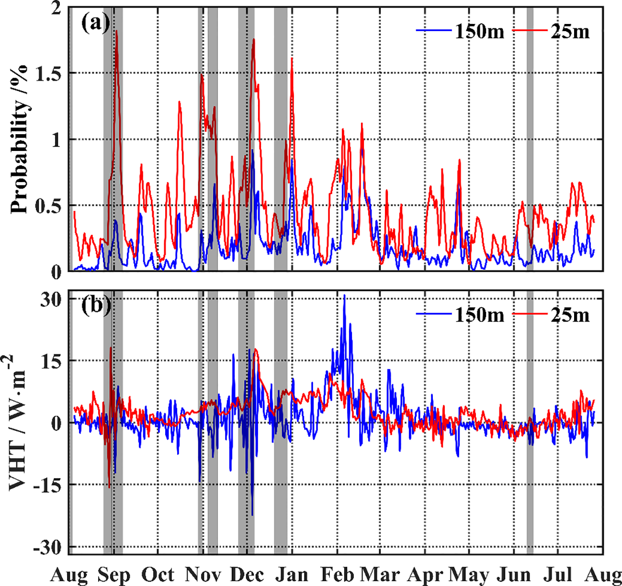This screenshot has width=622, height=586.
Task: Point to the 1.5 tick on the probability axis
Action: coord(49,73)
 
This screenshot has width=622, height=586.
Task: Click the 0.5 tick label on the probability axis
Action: coord(49,206)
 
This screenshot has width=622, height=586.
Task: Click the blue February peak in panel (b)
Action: coord(344,296)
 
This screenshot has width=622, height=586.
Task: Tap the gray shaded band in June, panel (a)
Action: coord(530,144)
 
